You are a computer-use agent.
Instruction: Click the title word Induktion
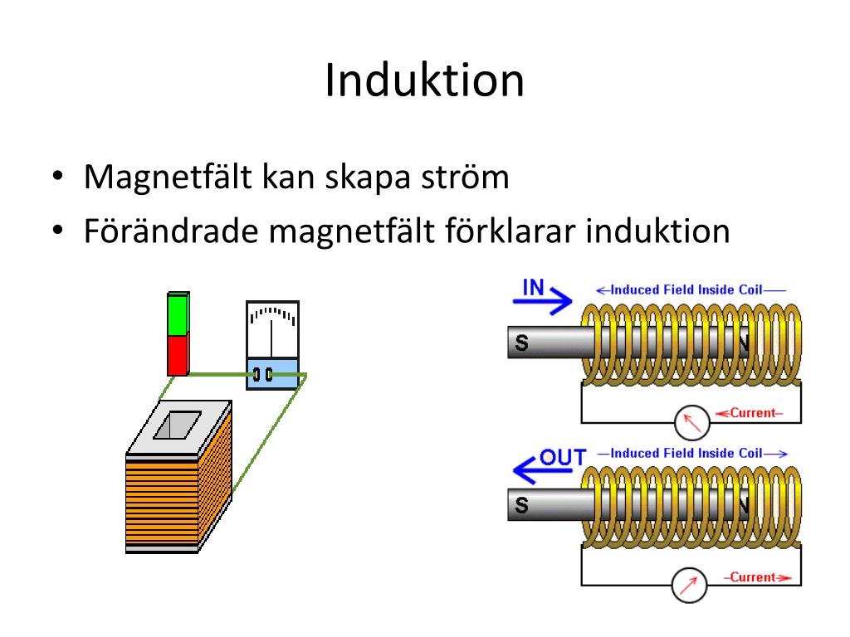424,81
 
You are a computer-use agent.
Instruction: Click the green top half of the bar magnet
178,315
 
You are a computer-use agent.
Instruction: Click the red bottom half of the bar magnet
178,355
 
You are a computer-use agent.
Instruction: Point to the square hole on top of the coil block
177,425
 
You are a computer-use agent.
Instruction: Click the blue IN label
533,288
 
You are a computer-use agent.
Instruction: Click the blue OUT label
563,456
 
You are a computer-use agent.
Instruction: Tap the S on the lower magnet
521,504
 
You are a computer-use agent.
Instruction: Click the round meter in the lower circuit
687,586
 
